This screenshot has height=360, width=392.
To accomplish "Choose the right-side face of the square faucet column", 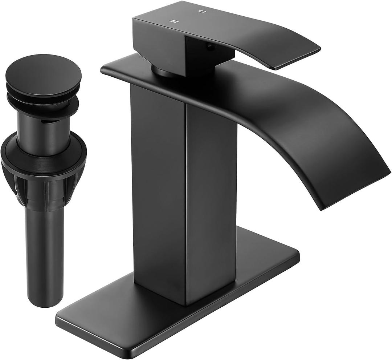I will [211, 196].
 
